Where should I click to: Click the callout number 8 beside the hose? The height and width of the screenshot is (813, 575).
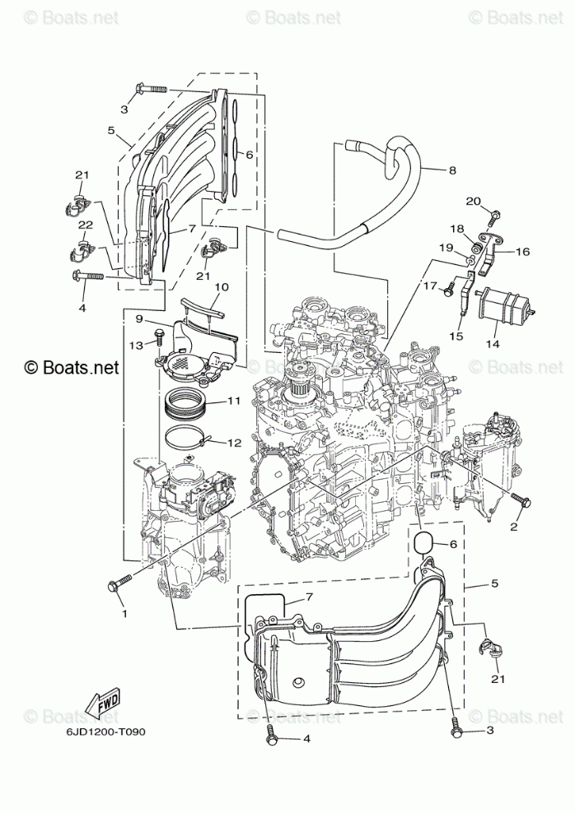tap(452, 171)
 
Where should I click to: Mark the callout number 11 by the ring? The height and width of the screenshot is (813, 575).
tap(234, 402)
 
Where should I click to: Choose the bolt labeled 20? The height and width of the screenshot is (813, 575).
tap(493, 216)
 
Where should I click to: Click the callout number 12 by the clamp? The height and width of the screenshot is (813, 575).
tap(234, 443)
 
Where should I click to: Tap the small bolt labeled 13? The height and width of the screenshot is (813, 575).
tap(161, 336)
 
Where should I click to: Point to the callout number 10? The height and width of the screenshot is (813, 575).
tap(222, 287)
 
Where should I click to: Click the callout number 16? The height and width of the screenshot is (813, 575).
tap(523, 253)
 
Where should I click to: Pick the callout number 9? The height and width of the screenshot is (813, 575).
tap(139, 318)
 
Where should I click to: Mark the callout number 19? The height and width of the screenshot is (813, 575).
tap(446, 247)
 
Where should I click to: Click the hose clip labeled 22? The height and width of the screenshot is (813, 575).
tap(85, 245)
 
